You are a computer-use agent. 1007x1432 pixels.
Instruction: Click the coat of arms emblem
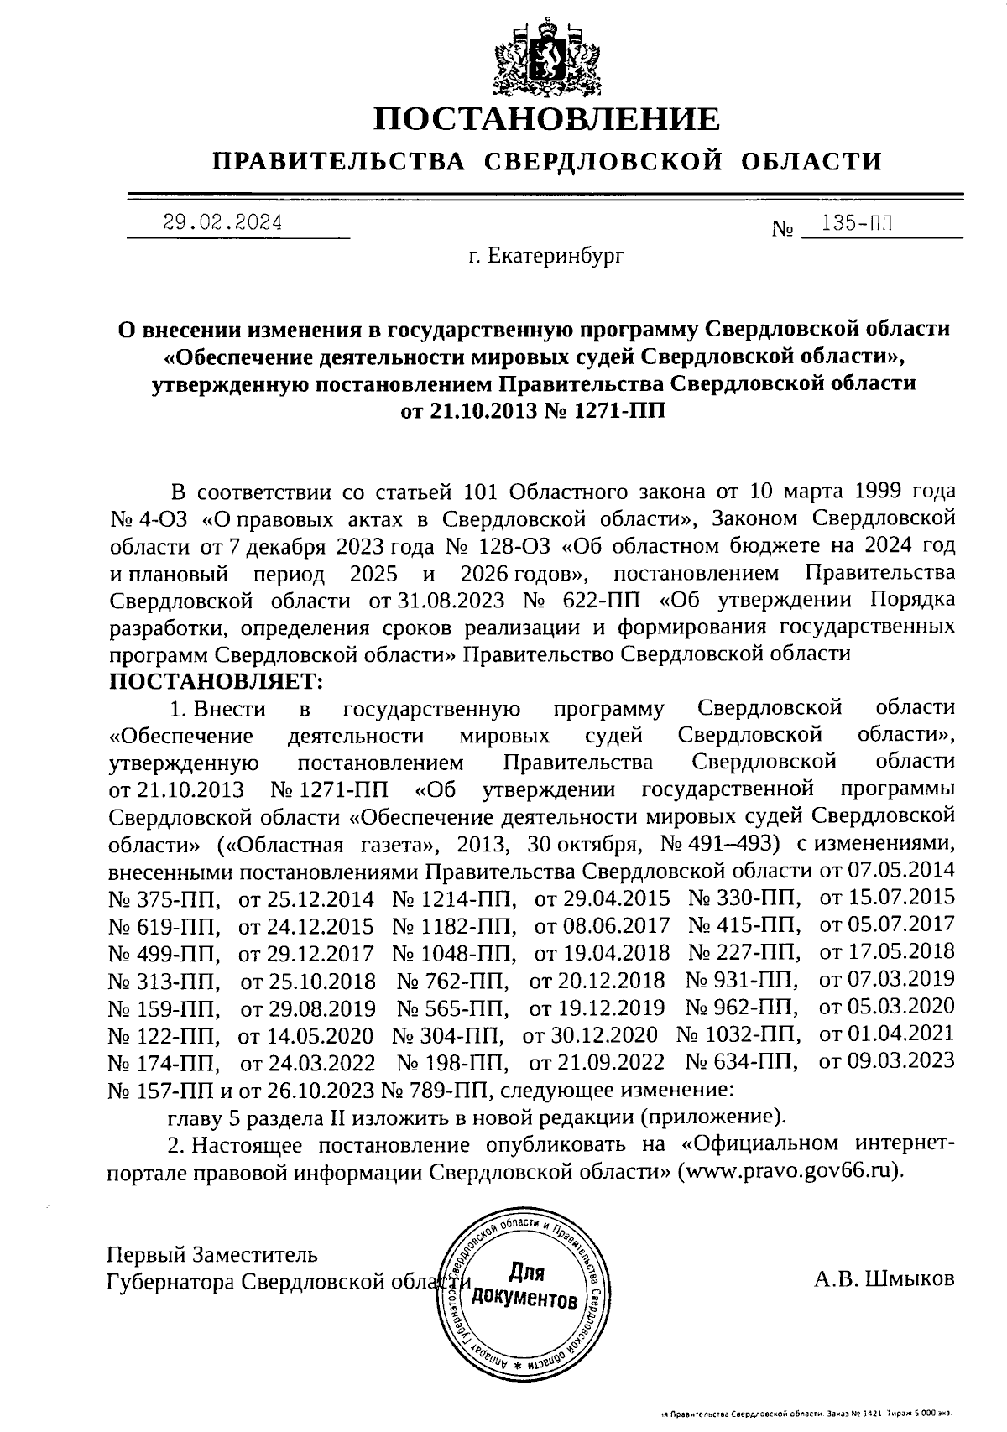coord(546,54)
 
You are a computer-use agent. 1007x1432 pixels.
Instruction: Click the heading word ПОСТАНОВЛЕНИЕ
coord(546,119)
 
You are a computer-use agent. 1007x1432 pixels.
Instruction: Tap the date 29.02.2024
coord(222,222)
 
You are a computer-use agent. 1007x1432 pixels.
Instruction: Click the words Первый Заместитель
coord(212,1255)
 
